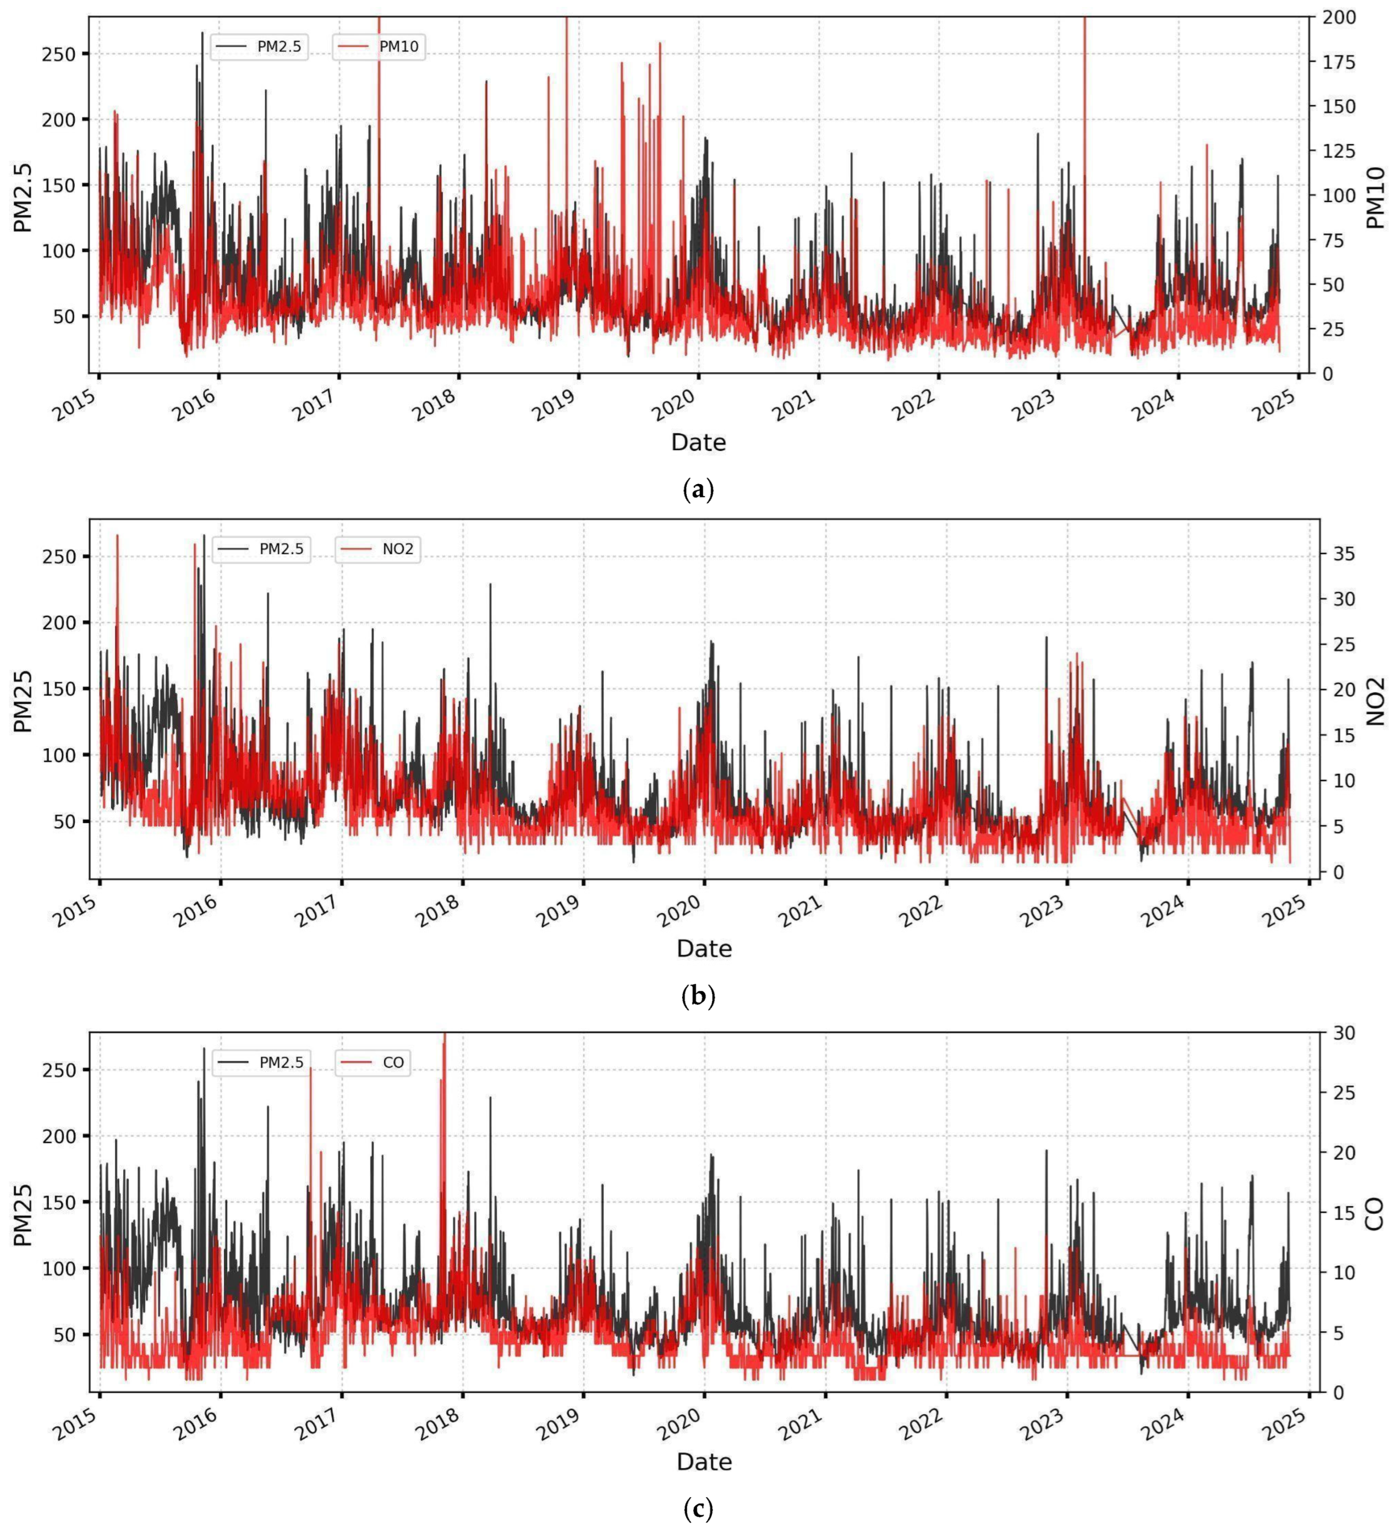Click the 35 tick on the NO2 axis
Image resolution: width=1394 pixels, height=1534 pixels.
[1344, 554]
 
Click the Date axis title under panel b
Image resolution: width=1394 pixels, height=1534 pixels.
[704, 948]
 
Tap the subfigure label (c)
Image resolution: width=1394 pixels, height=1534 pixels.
[698, 1507]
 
